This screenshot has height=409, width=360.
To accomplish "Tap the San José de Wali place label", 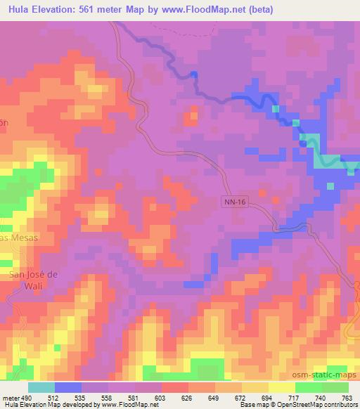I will coord(32,280).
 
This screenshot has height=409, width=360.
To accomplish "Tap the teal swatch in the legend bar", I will coord(41,387).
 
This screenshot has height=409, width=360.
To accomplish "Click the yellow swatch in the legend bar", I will coord(282,387).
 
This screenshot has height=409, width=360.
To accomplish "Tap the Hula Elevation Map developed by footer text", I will coord(49,405).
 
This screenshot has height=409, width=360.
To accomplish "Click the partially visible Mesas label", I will coord(18,238).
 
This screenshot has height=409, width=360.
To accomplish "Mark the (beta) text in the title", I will coord(259,10).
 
